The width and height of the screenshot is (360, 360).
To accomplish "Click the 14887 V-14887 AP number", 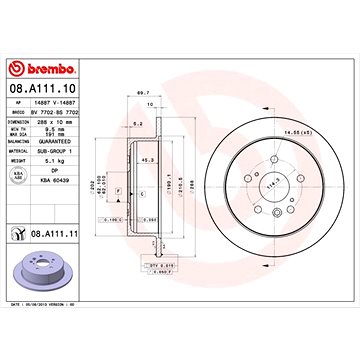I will tap(62, 102).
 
